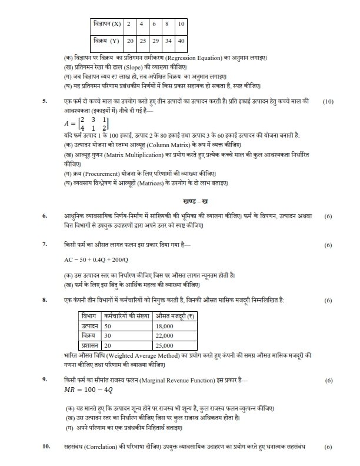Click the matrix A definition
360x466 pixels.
click(86, 124)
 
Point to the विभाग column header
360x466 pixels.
click(89, 317)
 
